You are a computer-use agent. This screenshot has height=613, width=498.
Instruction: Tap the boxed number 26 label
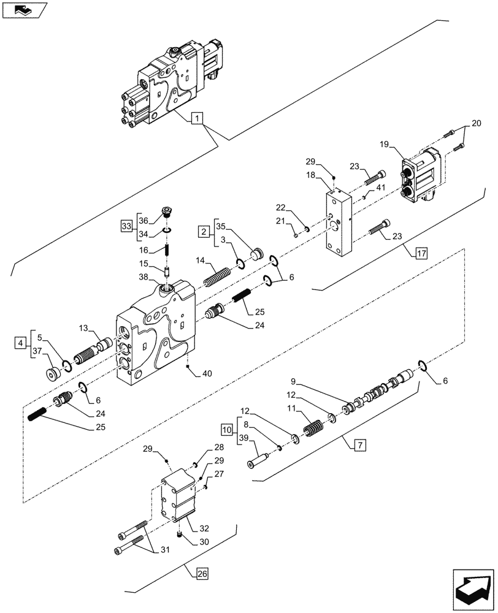pyautogui.click(x=202, y=574)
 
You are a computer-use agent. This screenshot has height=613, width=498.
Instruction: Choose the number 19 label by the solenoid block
pyautogui.click(x=385, y=145)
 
